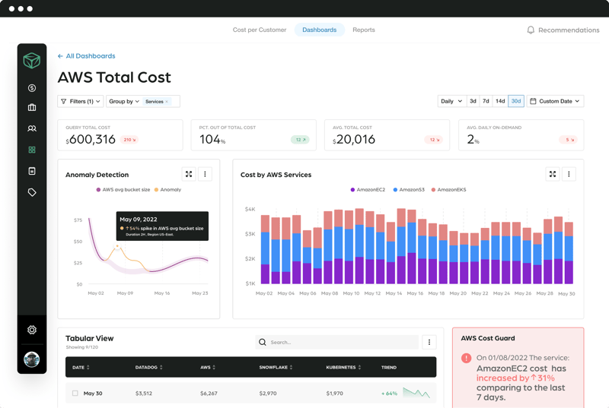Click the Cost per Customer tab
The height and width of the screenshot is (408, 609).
(259, 30)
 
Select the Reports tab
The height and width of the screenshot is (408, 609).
(363, 30)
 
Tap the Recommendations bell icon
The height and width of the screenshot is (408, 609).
(531, 30)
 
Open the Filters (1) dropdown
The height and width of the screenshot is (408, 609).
(81, 101)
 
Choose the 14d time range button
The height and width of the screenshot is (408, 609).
(500, 101)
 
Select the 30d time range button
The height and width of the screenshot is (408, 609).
(516, 101)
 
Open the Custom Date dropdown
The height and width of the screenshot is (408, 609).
(555, 101)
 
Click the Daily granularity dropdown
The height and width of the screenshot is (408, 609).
(451, 101)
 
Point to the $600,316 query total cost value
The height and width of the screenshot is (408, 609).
(91, 139)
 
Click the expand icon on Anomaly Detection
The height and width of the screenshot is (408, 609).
(189, 174)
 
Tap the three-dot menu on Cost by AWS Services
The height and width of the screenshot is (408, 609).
(569, 174)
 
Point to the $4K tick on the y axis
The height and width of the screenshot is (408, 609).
(249, 209)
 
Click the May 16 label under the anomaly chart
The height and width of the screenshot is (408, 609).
(161, 293)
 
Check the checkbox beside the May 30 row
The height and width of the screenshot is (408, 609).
(75, 394)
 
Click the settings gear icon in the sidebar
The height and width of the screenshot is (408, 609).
(32, 330)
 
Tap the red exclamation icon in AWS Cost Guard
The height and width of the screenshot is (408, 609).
(466, 358)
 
